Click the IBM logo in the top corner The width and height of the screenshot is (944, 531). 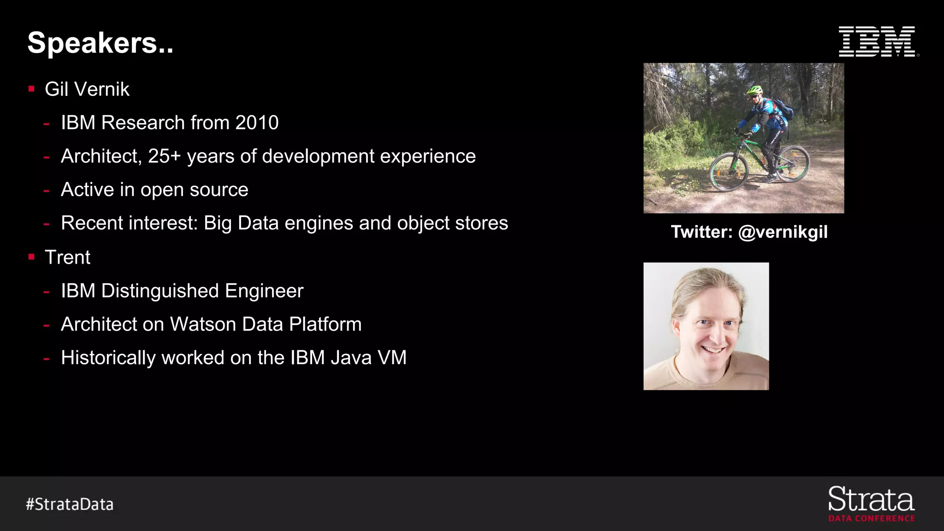tap(877, 41)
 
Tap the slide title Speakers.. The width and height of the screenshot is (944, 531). tap(100, 43)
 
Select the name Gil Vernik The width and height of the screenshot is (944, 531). tap(87, 89)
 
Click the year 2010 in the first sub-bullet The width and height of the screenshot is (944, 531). tap(257, 123)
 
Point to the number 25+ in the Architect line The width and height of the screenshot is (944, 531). tap(164, 156)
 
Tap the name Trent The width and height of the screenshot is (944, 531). tap(67, 257)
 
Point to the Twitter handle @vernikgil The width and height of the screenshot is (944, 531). tap(783, 232)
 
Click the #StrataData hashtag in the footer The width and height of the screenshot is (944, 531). tap(70, 504)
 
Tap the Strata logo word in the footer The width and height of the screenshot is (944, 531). tap(871, 500)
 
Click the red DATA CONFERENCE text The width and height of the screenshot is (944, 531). tap(872, 519)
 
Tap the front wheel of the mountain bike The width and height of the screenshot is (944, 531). tap(729, 171)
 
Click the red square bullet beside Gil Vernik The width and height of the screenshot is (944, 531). tap(31, 89)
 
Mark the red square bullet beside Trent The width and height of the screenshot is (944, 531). tap(31, 257)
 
